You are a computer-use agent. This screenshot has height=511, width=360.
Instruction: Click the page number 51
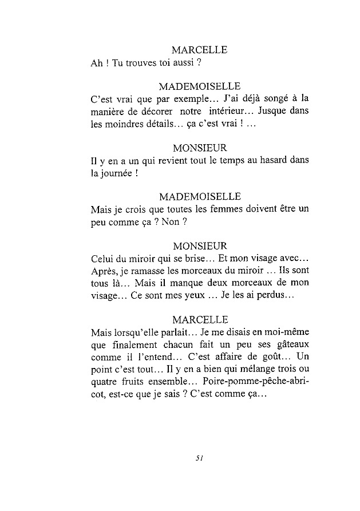point(200,457)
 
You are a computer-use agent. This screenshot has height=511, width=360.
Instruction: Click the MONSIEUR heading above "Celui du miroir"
point(200,246)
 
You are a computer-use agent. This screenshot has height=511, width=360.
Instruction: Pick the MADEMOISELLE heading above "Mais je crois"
point(200,197)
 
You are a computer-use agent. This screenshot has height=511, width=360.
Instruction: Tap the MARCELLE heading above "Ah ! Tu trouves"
point(200,50)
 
